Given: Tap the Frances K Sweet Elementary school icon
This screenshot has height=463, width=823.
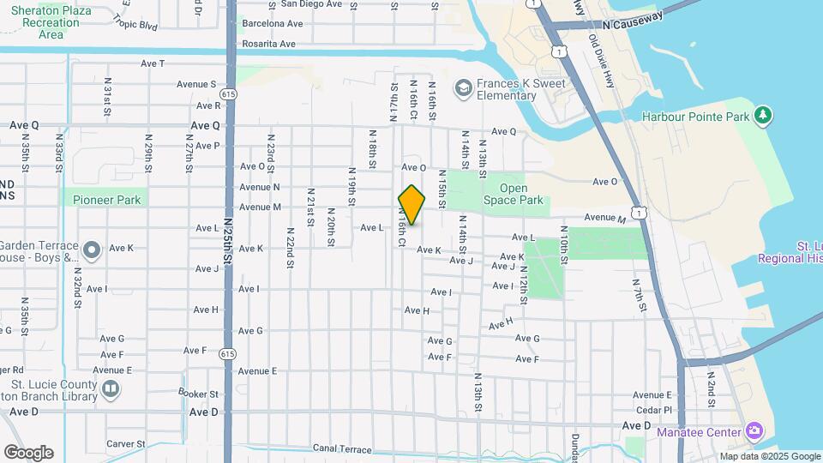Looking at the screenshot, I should [463, 88].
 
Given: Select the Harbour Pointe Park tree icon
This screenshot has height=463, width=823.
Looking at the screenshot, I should [762, 116].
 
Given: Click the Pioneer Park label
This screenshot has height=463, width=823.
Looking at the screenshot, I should [106, 200].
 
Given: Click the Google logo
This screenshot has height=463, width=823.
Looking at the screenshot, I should [28, 452].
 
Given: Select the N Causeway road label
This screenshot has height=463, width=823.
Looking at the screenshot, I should [634, 26].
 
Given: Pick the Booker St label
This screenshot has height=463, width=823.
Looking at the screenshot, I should [198, 394].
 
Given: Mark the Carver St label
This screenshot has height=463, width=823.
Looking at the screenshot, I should [120, 444].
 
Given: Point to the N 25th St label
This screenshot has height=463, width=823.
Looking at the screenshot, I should [227, 245].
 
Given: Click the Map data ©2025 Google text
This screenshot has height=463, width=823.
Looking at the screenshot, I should [771, 456].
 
